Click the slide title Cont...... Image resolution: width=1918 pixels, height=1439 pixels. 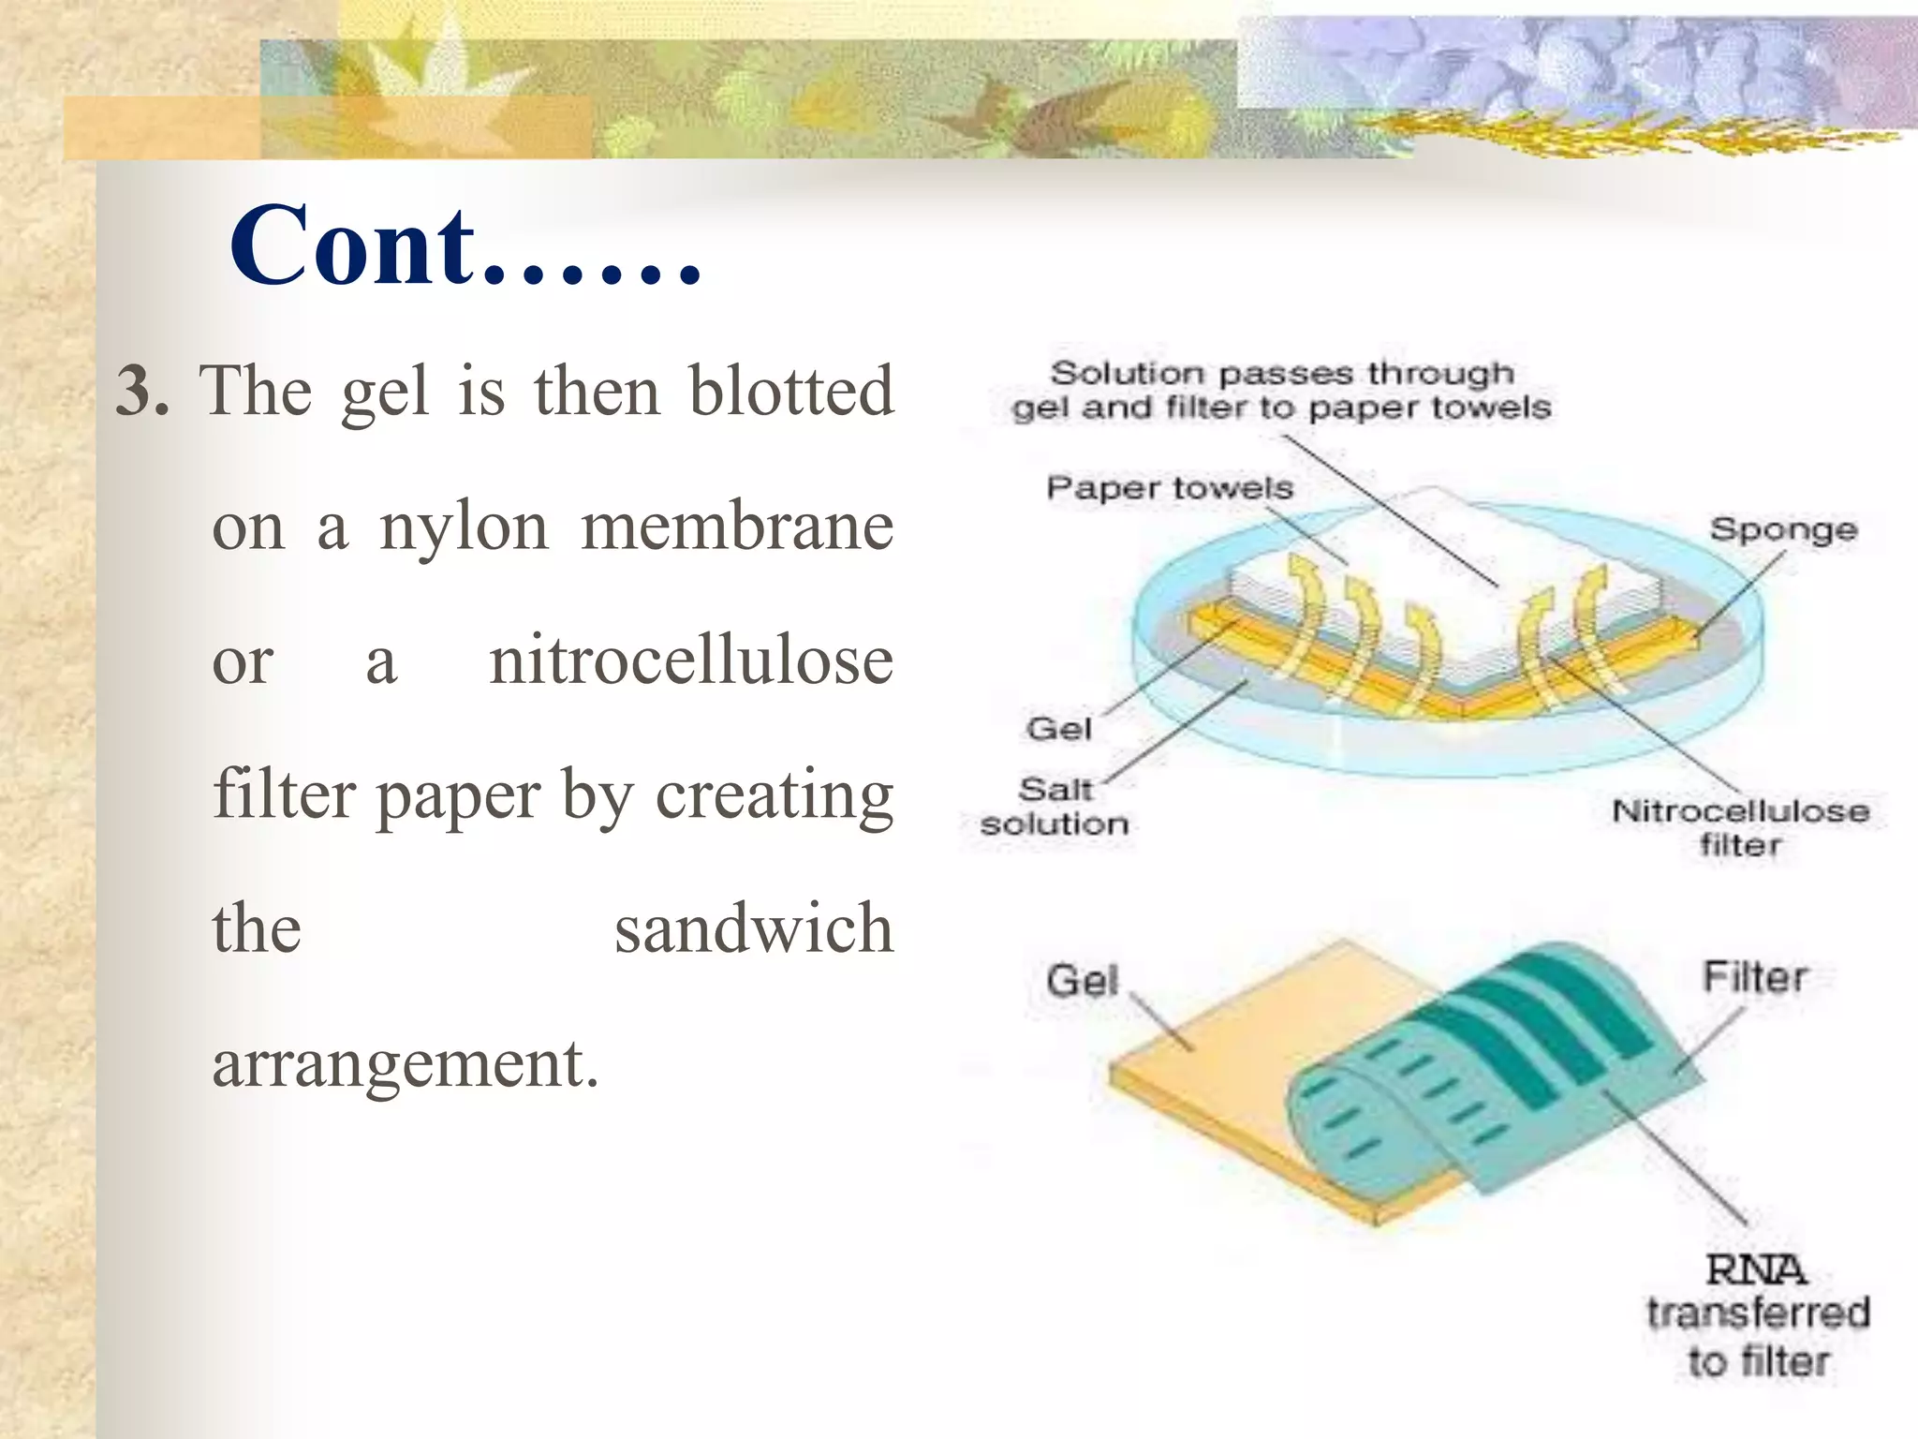(465, 245)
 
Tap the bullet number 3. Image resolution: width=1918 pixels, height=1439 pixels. (142, 391)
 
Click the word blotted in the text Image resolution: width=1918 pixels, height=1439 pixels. (790, 391)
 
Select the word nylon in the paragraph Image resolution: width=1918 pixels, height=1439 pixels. (464, 528)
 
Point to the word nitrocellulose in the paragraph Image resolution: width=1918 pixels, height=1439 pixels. (691, 661)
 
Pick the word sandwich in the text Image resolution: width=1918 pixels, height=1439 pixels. (754, 928)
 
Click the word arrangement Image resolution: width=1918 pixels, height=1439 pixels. (405, 1064)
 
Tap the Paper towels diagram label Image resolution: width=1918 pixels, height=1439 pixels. (1169, 488)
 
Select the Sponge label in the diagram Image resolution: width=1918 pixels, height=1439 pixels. (1783, 529)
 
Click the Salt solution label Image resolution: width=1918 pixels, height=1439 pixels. (1055, 806)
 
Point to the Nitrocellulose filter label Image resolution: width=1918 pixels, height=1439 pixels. (1740, 827)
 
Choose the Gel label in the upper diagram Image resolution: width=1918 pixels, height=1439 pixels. (1059, 728)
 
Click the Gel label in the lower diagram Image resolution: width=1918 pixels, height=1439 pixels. (1083, 980)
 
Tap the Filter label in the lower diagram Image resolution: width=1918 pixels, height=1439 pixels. (1754, 977)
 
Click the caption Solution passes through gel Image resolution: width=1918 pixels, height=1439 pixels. (1281, 390)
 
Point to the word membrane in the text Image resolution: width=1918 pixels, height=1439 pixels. (737, 527)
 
